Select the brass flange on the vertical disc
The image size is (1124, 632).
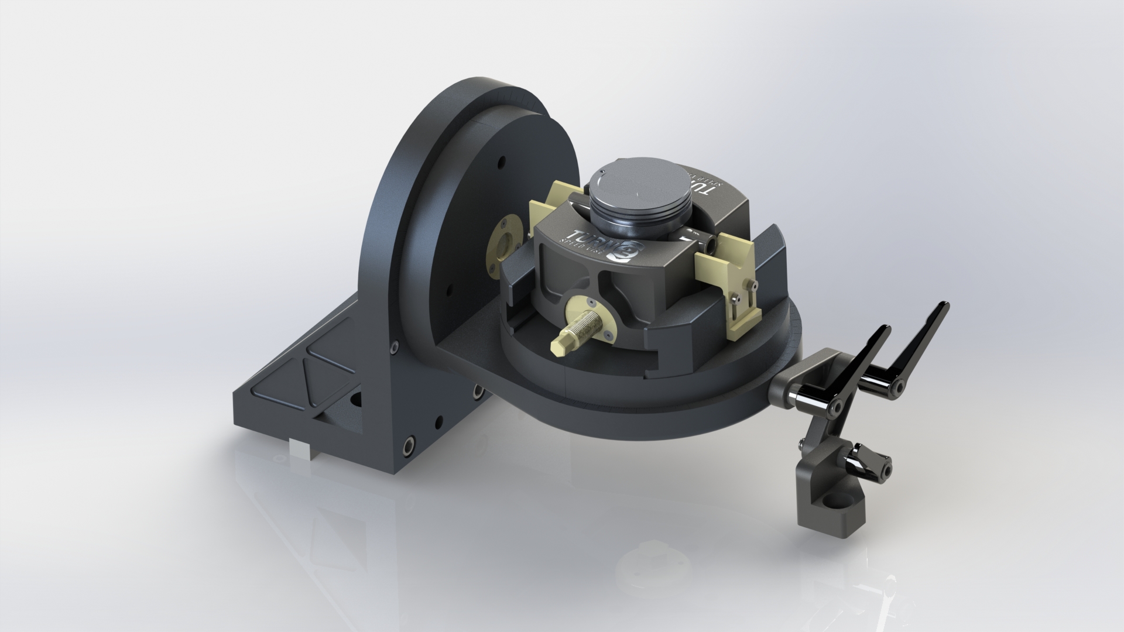(x=504, y=239)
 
